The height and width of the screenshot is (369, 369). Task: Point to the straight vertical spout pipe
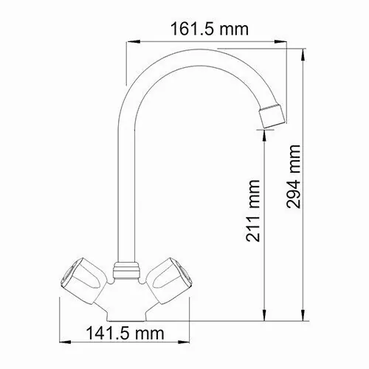point(125,184)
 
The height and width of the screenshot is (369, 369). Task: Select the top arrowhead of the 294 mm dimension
point(306,52)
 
